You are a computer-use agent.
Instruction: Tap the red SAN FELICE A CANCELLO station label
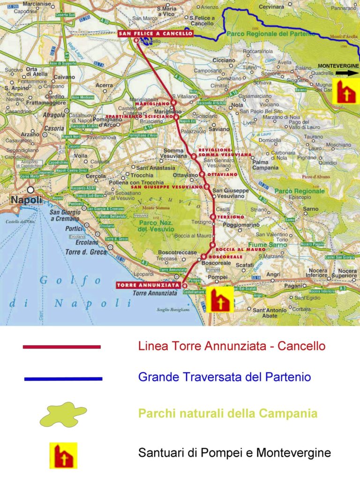[x=155, y=34]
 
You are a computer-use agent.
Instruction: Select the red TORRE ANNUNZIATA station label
[x=149, y=285]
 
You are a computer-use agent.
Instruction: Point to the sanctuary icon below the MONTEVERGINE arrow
[x=345, y=91]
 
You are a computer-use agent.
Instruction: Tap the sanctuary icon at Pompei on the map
[x=220, y=299]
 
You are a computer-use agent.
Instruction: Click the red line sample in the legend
[x=62, y=347]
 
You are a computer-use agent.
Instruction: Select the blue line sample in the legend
[x=62, y=378]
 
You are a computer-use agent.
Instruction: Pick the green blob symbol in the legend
[x=63, y=414]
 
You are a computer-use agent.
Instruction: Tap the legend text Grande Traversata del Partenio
[x=225, y=377]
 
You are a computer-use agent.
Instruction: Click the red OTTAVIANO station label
[x=220, y=174]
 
